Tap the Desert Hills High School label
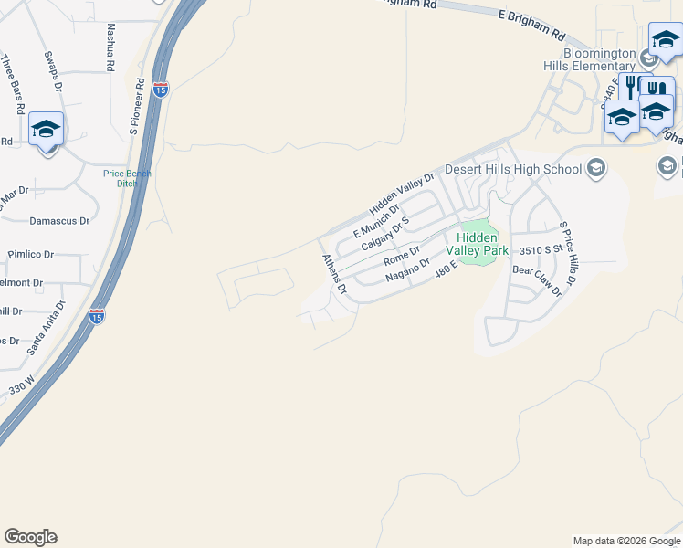pos(512,169)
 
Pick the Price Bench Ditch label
pos(127,178)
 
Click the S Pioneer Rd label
pos(138,104)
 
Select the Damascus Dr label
pos(59,221)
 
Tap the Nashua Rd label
pos(110,48)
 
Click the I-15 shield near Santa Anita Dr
pos(97,316)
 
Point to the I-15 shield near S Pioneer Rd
pos(161,90)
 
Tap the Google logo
pos(30,537)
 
